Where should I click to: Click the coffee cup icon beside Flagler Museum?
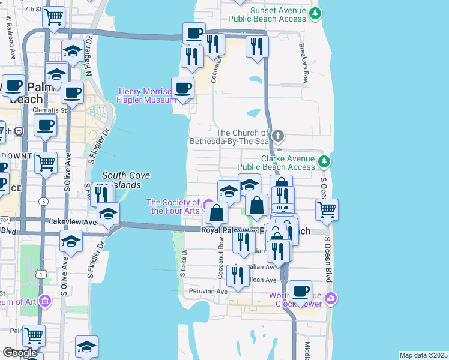pyautogui.click(x=183, y=88)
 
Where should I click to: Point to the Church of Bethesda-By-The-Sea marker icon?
pyautogui.click(x=277, y=135)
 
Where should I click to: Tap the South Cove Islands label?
pyautogui.click(x=126, y=180)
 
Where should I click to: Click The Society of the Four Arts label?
pyautogui.click(x=173, y=206)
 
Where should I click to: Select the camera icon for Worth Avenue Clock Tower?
pyautogui.click(x=331, y=298)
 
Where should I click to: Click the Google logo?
pyautogui.click(x=20, y=353)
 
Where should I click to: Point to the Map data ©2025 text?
pyautogui.click(x=423, y=355)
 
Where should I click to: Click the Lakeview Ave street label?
pyautogui.click(x=73, y=221)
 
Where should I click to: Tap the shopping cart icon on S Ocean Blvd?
pyautogui.click(x=327, y=209)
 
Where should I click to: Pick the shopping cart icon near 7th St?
pyautogui.click(x=54, y=17)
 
